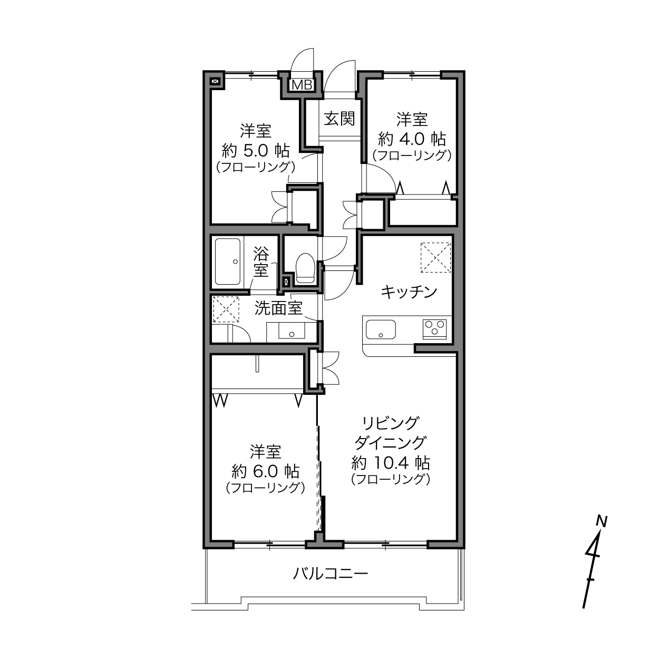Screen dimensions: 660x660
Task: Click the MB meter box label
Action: pos(302,84)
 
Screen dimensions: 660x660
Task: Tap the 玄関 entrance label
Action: pos(339,119)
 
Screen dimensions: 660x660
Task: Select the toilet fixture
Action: pos(305,268)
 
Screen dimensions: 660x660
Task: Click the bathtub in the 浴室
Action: pos(227,261)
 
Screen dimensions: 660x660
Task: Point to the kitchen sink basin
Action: pos(381,329)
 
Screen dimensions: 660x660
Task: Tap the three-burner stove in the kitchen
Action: pos(434,329)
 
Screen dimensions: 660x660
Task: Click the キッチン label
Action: pos(409,292)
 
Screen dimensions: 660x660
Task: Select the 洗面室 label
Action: pos(278,308)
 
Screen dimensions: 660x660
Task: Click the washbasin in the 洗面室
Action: pos(292,330)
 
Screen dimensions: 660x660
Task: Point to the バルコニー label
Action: pos(330,573)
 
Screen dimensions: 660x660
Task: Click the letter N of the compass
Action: pos(601,522)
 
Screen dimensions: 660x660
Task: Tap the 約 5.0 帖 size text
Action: pos(256,150)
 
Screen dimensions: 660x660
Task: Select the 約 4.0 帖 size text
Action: pos(412,139)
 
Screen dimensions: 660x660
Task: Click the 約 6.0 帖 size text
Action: pos(266,472)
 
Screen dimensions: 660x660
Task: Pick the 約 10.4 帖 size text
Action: pos(391,463)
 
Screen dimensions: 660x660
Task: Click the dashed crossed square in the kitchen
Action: pos(435,257)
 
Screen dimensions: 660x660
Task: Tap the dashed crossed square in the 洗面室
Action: pos(226,309)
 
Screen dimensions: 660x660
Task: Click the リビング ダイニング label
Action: pos(391,433)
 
